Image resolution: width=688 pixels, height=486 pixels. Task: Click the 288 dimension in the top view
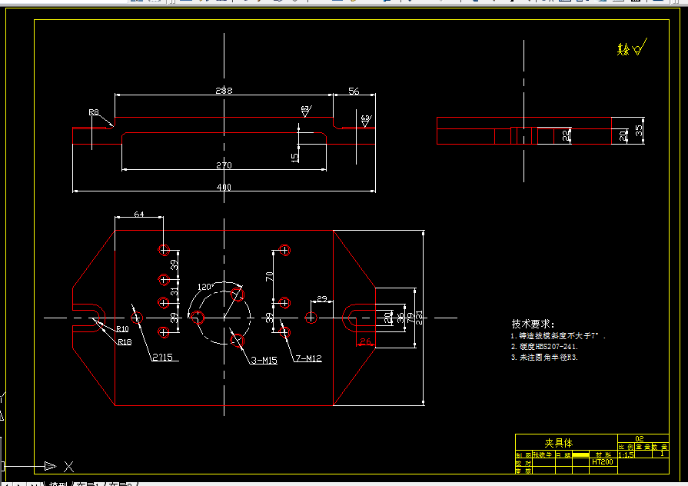(224, 91)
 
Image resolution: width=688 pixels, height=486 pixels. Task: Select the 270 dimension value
(224, 165)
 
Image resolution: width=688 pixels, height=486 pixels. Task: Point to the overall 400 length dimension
(224, 187)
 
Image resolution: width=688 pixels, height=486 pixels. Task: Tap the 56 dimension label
(354, 91)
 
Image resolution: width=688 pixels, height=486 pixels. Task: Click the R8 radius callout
(94, 112)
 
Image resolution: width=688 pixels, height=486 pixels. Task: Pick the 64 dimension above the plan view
(139, 214)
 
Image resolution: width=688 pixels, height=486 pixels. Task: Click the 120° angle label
(205, 286)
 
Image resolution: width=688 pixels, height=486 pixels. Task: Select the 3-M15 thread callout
(263, 360)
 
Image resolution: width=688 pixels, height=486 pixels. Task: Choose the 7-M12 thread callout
(307, 358)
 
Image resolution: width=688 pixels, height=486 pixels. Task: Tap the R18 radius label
(124, 342)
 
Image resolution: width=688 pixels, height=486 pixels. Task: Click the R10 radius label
(123, 329)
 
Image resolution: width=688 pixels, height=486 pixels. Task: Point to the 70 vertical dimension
(270, 275)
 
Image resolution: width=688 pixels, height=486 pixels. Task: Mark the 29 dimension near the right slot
(321, 298)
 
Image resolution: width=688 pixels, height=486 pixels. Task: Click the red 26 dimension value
(365, 341)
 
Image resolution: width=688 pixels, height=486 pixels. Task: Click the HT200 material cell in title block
(602, 462)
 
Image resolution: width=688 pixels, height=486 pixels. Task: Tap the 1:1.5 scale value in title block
(626, 454)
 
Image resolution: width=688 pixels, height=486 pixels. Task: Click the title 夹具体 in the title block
(559, 443)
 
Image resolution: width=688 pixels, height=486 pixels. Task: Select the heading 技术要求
(533, 325)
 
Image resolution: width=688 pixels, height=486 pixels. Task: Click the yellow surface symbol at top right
(632, 48)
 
